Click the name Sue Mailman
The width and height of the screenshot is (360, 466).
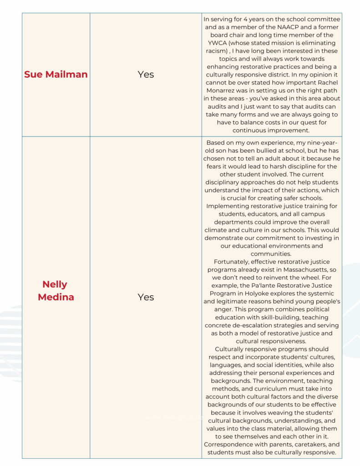coord(56,74)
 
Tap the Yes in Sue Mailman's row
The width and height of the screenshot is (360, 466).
coord(146,74)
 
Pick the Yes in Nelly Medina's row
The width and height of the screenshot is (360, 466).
coord(146,297)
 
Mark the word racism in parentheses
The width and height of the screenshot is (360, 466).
coord(217,51)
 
